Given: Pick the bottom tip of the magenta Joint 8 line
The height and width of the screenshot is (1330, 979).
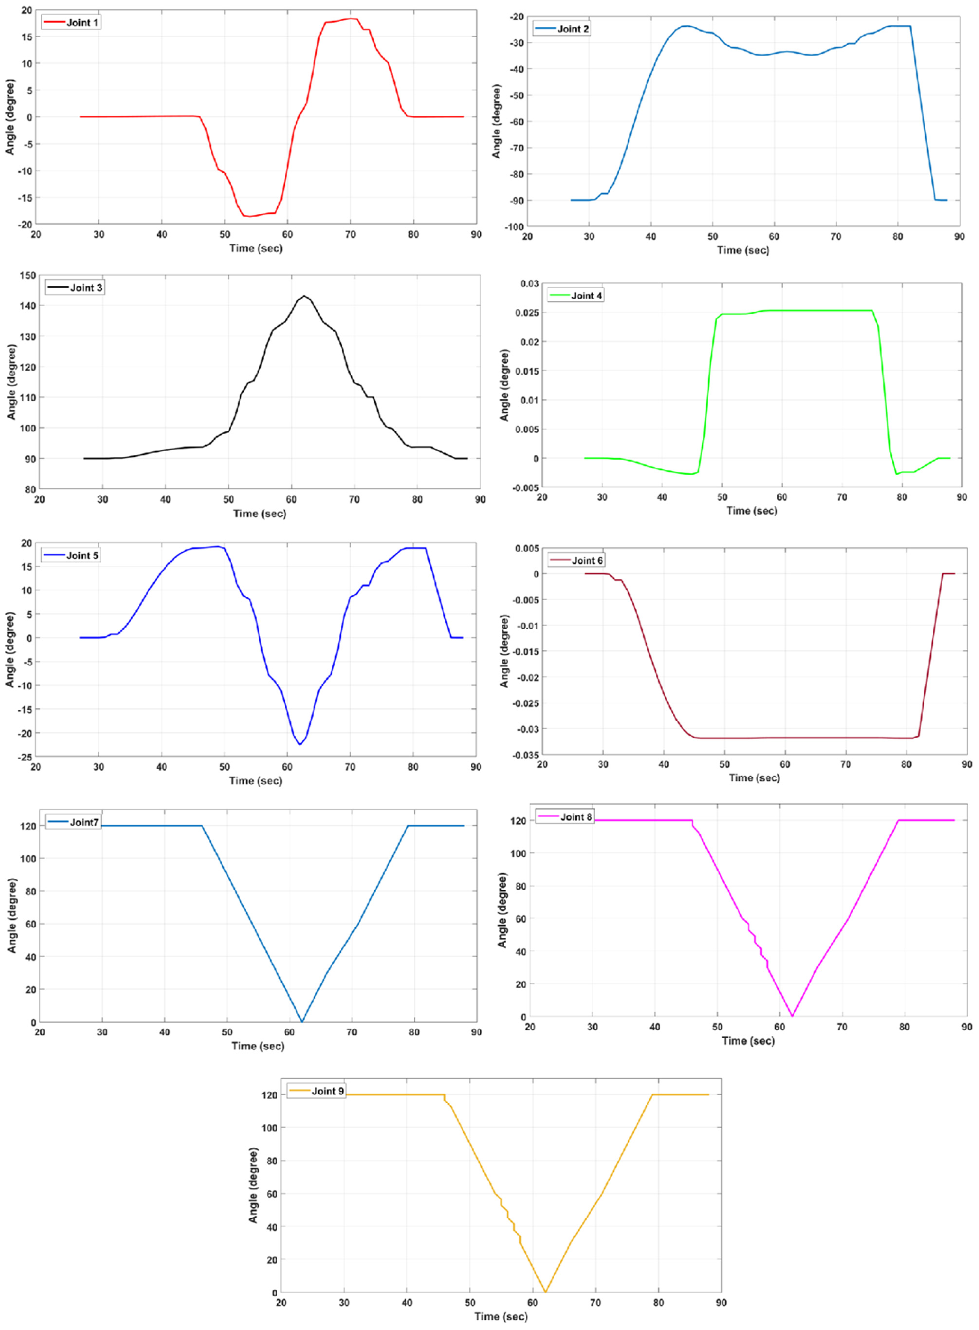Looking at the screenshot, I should point(792,1016).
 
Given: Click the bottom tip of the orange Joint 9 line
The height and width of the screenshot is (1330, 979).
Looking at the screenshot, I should point(545,1292).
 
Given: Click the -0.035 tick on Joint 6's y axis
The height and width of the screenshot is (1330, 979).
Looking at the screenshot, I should point(527,755).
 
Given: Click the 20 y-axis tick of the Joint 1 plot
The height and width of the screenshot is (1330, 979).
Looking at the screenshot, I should point(26,10).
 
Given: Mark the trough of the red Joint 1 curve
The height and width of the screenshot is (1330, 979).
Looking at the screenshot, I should point(249,216).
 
